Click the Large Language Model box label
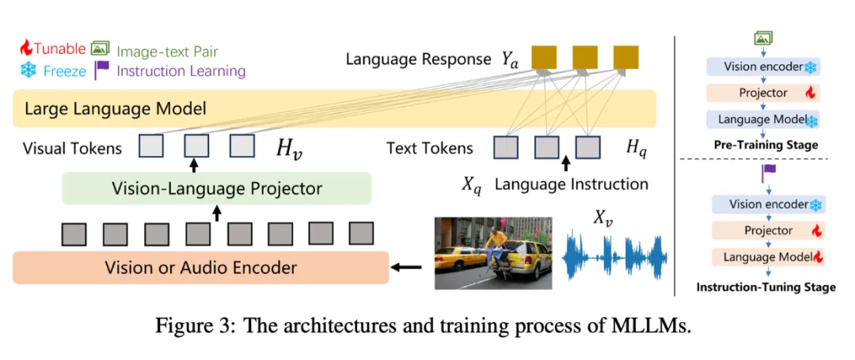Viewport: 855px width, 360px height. [x=116, y=108]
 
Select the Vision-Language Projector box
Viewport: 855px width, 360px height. [x=216, y=189]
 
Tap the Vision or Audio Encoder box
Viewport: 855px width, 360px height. [x=200, y=267]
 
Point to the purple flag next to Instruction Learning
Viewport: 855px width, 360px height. [x=101, y=70]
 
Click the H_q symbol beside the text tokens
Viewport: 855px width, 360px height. [x=636, y=147]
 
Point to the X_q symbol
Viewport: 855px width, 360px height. [x=473, y=186]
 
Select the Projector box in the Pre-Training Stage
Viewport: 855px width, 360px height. [x=763, y=93]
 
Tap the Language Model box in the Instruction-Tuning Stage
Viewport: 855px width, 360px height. [x=764, y=256]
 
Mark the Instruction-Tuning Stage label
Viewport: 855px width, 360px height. [x=766, y=286]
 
